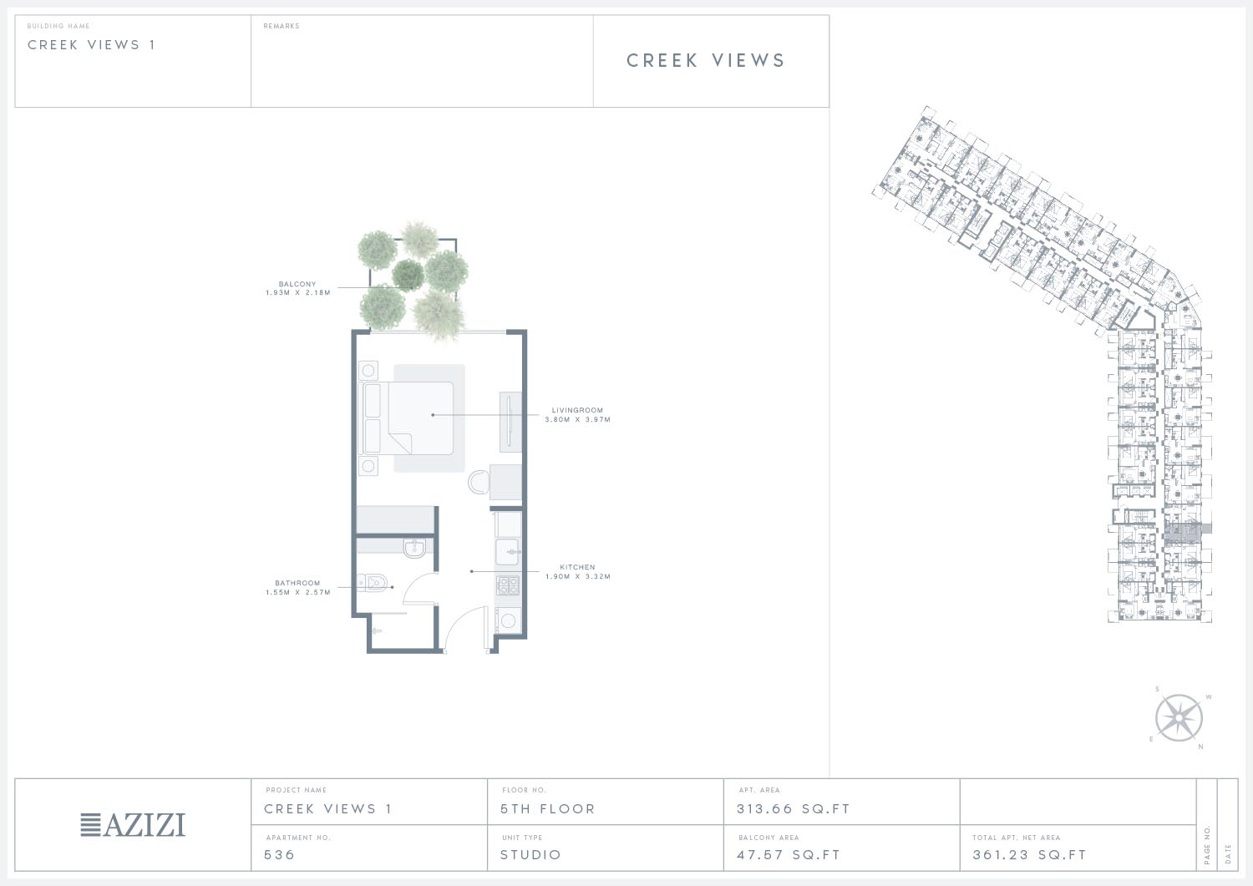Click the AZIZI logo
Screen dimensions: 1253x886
[x=133, y=824]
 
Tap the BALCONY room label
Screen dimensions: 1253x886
[x=297, y=284]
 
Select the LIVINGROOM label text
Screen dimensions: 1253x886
[x=577, y=410]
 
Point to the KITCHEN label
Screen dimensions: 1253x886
[x=577, y=567]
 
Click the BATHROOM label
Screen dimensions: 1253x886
[x=297, y=583]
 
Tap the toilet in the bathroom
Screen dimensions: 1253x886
[x=373, y=583]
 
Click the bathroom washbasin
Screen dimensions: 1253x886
[x=414, y=548]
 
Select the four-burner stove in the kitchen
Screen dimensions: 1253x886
[x=508, y=585]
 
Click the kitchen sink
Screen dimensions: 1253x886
[x=507, y=551]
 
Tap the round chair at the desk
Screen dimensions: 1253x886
[x=479, y=482]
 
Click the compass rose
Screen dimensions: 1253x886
[x=1179, y=717]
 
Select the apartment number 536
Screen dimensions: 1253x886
[x=279, y=854]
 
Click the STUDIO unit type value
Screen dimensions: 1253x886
[x=530, y=854]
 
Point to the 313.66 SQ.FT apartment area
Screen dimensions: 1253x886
[x=794, y=809]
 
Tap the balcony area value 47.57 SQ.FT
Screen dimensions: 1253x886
[x=789, y=854]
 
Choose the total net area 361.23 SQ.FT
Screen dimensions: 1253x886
[x=1029, y=854]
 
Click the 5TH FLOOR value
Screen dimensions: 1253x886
[x=548, y=809]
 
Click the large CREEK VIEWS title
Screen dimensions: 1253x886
[x=706, y=60]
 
